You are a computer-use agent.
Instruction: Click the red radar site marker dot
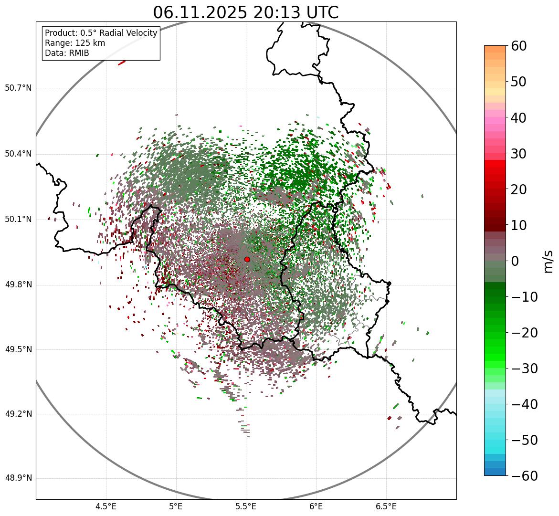click(247, 259)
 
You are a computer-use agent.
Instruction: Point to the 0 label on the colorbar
click(515, 261)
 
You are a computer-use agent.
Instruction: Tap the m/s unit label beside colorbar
click(548, 261)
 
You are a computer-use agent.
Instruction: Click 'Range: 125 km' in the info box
click(75, 43)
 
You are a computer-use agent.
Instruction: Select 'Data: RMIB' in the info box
click(67, 53)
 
